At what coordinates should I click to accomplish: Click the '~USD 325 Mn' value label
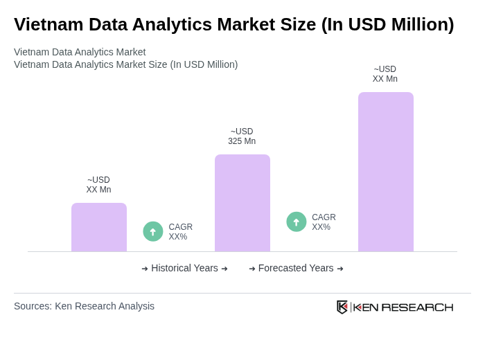tap(242, 136)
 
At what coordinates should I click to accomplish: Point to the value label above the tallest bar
tap(385, 74)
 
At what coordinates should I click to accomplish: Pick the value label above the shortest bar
tap(99, 185)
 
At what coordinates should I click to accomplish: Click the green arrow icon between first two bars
tap(153, 232)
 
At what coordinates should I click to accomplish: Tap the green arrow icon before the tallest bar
tap(297, 222)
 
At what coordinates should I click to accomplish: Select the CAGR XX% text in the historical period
tap(180, 232)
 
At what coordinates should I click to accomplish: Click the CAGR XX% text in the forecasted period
tap(324, 222)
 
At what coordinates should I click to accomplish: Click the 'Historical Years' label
tap(184, 268)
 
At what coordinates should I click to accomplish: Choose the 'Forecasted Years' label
tap(296, 268)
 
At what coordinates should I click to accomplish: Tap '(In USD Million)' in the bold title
tap(387, 24)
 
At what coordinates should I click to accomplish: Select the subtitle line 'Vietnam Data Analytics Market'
tap(80, 52)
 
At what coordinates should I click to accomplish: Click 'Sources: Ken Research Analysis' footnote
tap(84, 306)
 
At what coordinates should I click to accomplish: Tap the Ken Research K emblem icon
tap(342, 307)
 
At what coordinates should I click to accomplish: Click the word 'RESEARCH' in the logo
tap(417, 307)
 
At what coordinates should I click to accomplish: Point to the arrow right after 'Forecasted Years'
tap(340, 269)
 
